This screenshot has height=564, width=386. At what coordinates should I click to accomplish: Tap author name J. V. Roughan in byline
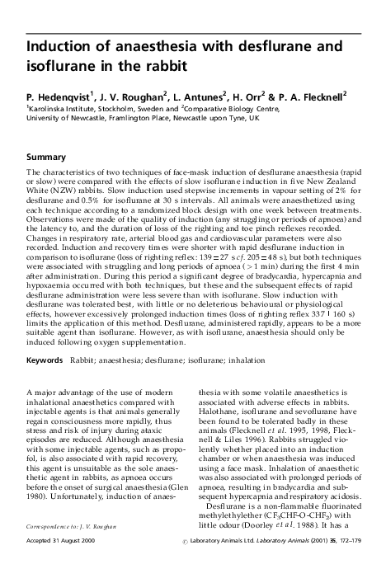[x=130, y=97]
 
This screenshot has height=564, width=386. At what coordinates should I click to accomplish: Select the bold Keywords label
[x=45, y=360]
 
